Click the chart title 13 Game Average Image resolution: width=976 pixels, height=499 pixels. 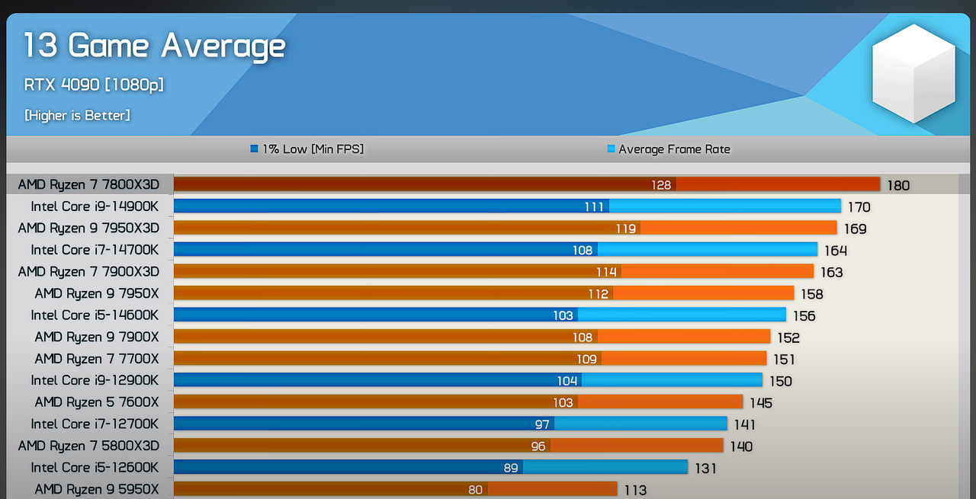pyautogui.click(x=155, y=46)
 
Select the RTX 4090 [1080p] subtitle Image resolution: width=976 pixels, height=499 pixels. pyautogui.click(x=94, y=85)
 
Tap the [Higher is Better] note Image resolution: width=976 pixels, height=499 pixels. pyautogui.click(x=77, y=115)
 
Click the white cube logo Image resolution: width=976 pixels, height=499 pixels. pyautogui.click(x=913, y=73)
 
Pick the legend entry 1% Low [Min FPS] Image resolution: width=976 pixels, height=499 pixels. pyautogui.click(x=307, y=149)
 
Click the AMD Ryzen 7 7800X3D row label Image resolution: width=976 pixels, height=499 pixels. pyautogui.click(x=88, y=184)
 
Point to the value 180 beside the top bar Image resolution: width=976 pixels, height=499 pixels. pyautogui.click(x=898, y=185)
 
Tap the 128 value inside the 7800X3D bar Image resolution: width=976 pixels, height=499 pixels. pyautogui.click(x=661, y=185)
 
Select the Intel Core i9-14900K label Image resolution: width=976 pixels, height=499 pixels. pyautogui.click(x=95, y=206)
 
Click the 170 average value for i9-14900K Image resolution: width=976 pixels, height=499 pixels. pyautogui.click(x=859, y=207)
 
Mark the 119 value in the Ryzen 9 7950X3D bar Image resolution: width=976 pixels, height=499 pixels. pyautogui.click(x=626, y=229)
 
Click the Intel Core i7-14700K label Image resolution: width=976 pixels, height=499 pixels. pyautogui.click(x=95, y=250)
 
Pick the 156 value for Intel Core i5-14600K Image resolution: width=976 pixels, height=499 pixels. pyautogui.click(x=804, y=316)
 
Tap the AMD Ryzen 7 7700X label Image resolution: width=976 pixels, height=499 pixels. pyautogui.click(x=97, y=359)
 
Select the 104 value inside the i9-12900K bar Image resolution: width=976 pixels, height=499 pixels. pyautogui.click(x=567, y=381)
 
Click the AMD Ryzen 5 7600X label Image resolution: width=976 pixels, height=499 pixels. pyautogui.click(x=97, y=402)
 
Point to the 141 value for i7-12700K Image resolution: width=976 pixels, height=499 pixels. pyautogui.click(x=745, y=424)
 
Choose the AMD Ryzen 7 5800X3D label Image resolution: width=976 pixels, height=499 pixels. pyautogui.click(x=88, y=446)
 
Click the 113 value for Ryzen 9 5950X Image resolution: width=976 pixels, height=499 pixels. pyautogui.click(x=635, y=490)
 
